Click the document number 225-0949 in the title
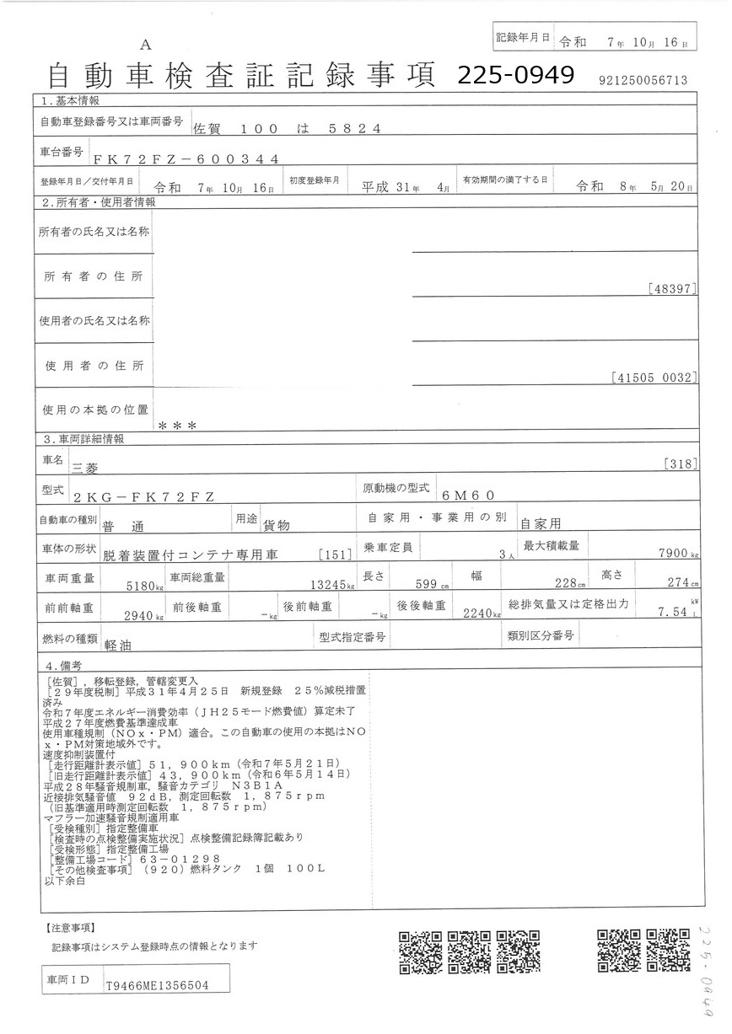point(515,75)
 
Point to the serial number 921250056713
point(643,80)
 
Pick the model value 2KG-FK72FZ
point(143,496)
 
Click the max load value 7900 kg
point(671,554)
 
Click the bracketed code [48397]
point(673,289)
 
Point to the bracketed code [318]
point(679,463)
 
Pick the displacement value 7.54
point(674,613)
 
